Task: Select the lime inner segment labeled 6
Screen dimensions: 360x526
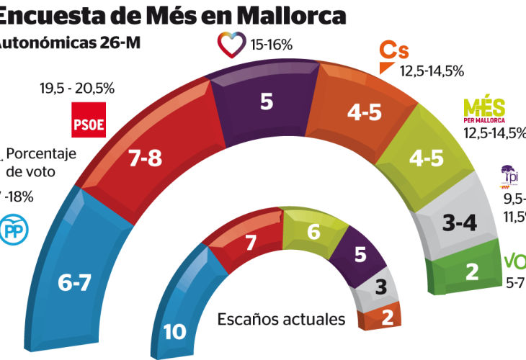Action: coord(313,232)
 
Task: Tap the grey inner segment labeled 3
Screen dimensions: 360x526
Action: coord(380,289)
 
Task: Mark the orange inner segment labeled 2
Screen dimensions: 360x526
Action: coord(385,318)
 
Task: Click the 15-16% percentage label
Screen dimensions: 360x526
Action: coord(271,45)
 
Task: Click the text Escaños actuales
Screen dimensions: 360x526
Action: coord(282,318)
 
